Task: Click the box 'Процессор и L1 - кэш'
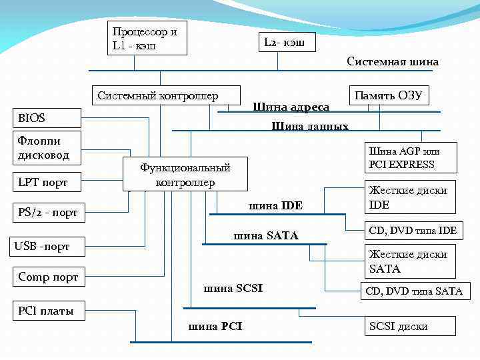pos(147,38)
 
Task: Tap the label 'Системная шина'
pos(393,61)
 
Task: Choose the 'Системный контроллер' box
pos(158,96)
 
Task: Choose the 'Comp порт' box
pos(48,277)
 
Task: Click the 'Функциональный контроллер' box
pos(185,175)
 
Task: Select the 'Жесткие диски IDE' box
pos(409,197)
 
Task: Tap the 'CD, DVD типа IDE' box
pos(413,231)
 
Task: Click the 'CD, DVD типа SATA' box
pos(413,291)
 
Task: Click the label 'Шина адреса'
pos(291,107)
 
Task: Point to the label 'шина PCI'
pos(215,326)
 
